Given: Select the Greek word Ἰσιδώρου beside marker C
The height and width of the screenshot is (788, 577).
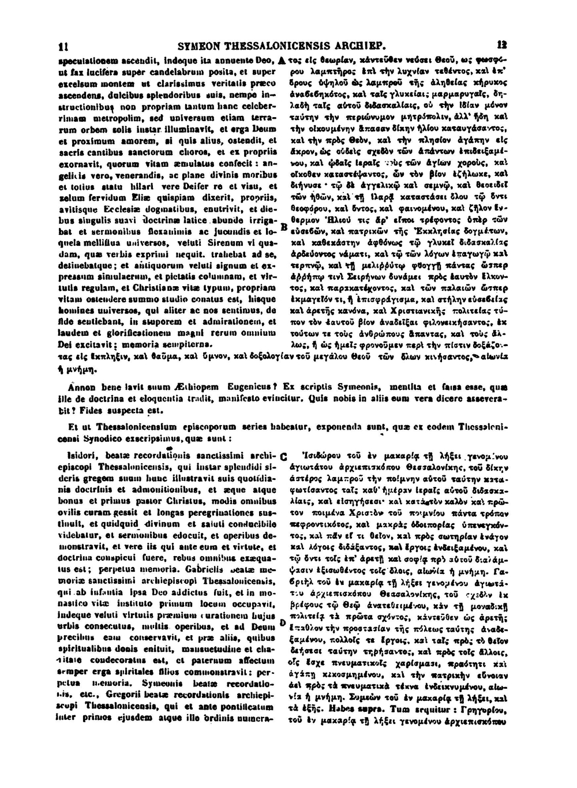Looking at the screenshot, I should pos(313,453).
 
